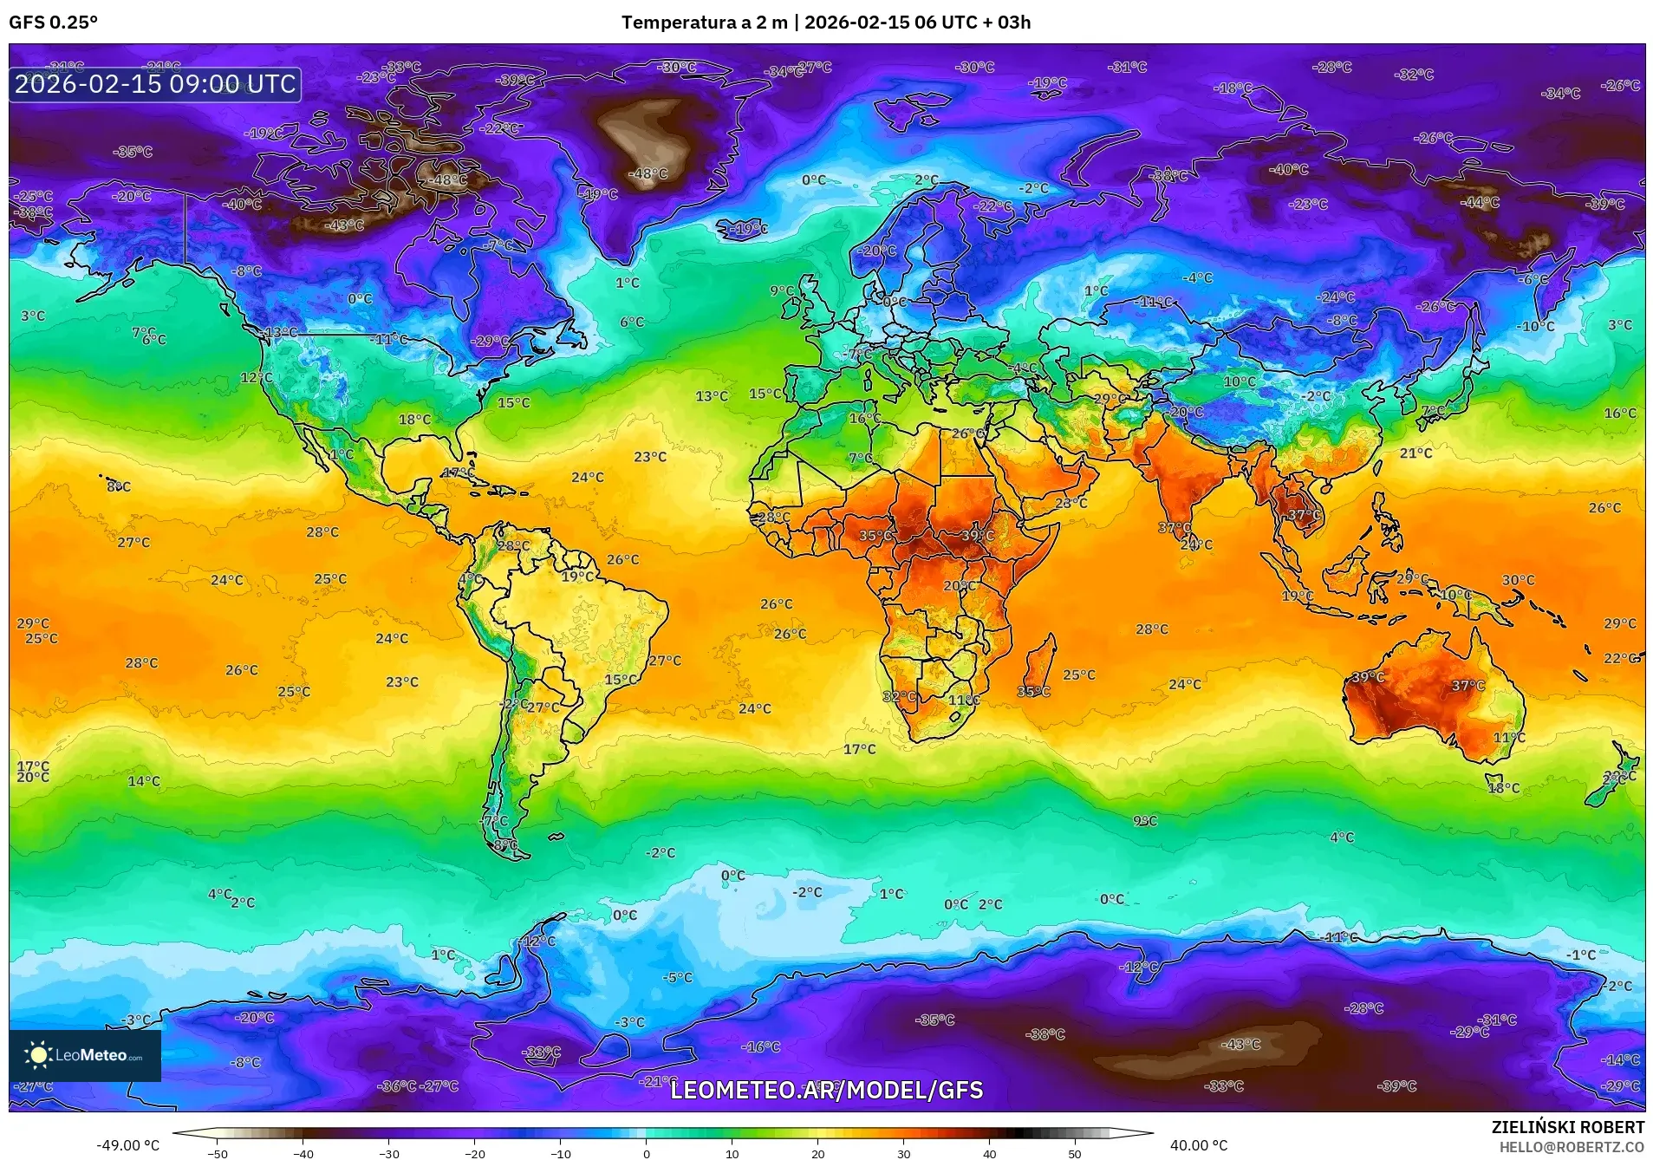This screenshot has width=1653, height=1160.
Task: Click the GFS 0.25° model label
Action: [53, 23]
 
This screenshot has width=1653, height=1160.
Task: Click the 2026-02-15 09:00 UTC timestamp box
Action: [155, 84]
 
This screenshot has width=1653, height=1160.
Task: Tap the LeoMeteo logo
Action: [84, 1055]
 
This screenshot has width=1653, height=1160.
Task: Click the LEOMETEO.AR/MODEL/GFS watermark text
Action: [826, 1090]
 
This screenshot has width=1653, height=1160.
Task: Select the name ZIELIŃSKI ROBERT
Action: [1567, 1127]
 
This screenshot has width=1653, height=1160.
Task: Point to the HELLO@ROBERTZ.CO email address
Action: [1572, 1146]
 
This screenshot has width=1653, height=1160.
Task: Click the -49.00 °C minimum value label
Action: [127, 1145]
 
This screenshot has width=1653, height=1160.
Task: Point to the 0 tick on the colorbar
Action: [646, 1153]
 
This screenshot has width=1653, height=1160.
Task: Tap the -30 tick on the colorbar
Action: [388, 1153]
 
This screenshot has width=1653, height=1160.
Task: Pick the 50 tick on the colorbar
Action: [1074, 1153]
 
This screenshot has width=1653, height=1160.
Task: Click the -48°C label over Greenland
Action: [648, 173]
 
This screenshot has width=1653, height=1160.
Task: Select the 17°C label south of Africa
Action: [859, 749]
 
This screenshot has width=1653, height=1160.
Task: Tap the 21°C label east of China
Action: [1415, 453]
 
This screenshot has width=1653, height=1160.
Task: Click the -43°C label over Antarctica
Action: [1240, 1045]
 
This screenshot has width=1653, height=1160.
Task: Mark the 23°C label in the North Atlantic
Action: [650, 457]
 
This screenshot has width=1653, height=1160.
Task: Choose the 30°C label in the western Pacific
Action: [1518, 580]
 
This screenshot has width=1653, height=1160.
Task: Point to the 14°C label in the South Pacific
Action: [144, 781]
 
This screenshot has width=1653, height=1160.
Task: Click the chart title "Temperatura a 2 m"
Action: [704, 23]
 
